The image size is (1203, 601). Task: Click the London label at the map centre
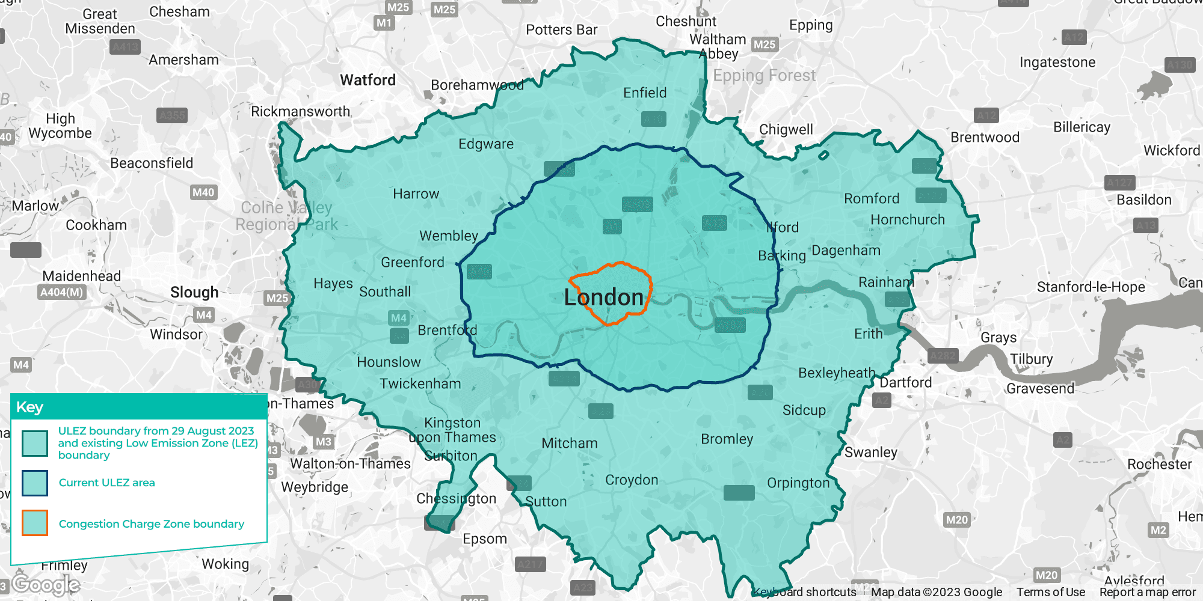(x=603, y=297)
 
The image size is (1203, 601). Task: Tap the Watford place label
(x=368, y=80)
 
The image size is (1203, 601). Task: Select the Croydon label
(x=632, y=480)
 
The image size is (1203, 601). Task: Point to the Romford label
(x=872, y=199)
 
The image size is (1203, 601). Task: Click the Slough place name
(x=194, y=293)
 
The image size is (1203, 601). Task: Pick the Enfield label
(x=645, y=93)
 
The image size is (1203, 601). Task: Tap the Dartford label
(x=905, y=383)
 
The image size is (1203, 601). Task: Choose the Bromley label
(x=727, y=439)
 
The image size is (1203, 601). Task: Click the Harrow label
(x=416, y=194)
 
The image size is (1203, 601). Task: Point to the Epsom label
(x=484, y=539)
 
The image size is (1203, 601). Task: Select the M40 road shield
(x=203, y=192)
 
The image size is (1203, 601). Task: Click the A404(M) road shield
(x=62, y=293)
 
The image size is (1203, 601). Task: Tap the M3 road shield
(x=324, y=442)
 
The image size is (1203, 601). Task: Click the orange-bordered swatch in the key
(x=35, y=523)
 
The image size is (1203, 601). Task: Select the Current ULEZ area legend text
(x=106, y=483)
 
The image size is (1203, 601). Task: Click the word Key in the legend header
(x=29, y=407)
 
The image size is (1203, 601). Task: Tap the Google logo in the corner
(x=45, y=584)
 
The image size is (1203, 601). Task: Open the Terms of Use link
(x=1050, y=592)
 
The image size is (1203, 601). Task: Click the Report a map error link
(x=1147, y=592)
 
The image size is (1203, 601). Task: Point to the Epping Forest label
(x=764, y=76)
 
